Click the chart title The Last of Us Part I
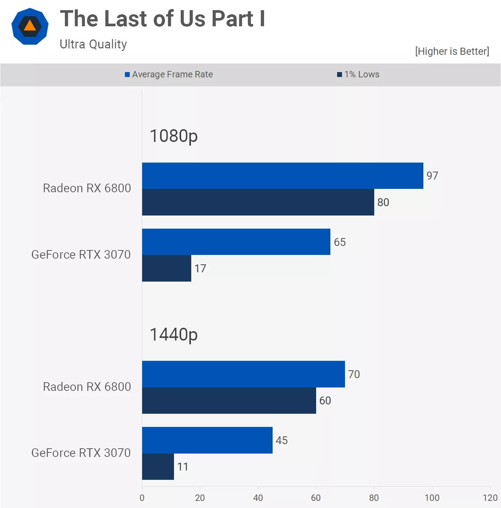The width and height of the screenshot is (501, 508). (162, 19)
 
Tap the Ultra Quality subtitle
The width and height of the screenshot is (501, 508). (93, 44)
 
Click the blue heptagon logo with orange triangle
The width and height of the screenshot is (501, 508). (30, 26)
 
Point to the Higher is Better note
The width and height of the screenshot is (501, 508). (452, 51)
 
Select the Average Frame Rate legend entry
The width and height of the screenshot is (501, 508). (169, 74)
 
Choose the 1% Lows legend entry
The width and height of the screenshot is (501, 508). (358, 74)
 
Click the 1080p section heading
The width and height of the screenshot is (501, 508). (174, 136)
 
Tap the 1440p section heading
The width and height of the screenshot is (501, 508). (174, 335)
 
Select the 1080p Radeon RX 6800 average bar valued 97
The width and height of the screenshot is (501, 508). (282, 176)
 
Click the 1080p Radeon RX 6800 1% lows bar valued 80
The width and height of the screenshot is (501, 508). (258, 202)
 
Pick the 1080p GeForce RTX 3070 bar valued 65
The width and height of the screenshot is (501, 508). (236, 242)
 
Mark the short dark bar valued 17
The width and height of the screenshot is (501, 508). (166, 268)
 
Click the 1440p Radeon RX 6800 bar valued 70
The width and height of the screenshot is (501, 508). (243, 374)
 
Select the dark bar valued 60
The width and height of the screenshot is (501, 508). (229, 401)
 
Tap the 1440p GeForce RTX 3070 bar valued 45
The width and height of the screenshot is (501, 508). (207, 440)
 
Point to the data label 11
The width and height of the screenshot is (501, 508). (183, 467)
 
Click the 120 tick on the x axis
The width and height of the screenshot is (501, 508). (490, 498)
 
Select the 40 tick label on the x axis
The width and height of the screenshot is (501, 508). (258, 498)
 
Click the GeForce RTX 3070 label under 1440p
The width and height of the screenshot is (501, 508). (81, 453)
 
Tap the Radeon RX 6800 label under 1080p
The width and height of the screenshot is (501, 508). (87, 188)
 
